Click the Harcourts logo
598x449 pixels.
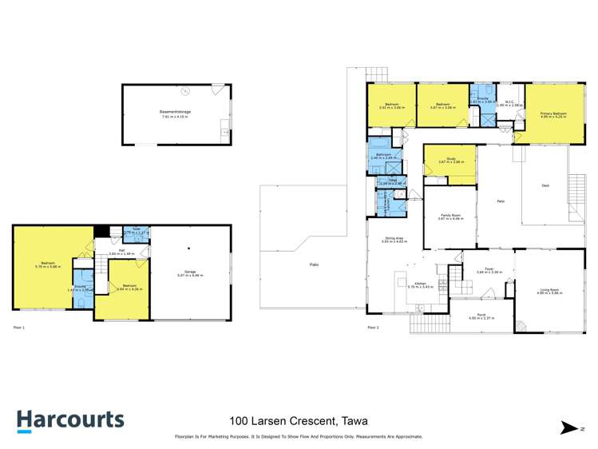[71, 420]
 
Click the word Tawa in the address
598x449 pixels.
[354, 421]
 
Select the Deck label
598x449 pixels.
[545, 185]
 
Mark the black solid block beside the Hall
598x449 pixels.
[101, 232]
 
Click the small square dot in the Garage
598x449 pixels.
[188, 248]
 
